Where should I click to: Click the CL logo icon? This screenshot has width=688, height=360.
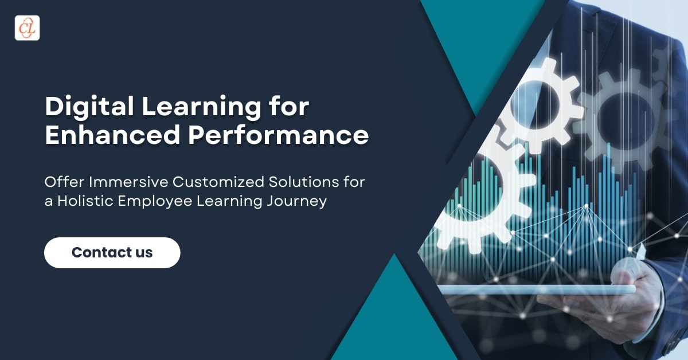coord(27,28)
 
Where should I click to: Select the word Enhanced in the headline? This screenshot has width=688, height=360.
coord(112,135)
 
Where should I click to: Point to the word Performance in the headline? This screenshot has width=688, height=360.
coord(278,135)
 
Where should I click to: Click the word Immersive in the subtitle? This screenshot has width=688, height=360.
coord(128,182)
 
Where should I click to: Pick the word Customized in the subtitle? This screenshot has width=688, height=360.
coord(218,182)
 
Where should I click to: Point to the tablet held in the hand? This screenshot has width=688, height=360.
coord(536,289)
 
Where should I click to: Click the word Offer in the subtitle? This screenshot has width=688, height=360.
coord(64,182)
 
